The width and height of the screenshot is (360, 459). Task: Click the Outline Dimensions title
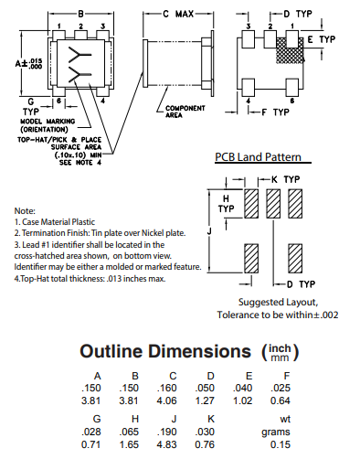click(x=165, y=351)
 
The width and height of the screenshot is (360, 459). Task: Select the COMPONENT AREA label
click(x=185, y=112)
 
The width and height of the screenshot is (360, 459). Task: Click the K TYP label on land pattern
click(x=284, y=178)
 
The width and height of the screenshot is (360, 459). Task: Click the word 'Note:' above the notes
click(x=25, y=210)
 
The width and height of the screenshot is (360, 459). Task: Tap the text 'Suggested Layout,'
click(x=279, y=302)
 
